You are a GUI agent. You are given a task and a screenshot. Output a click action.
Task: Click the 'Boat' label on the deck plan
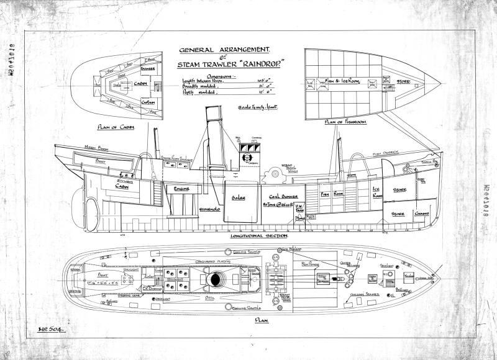(x=102, y=273)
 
